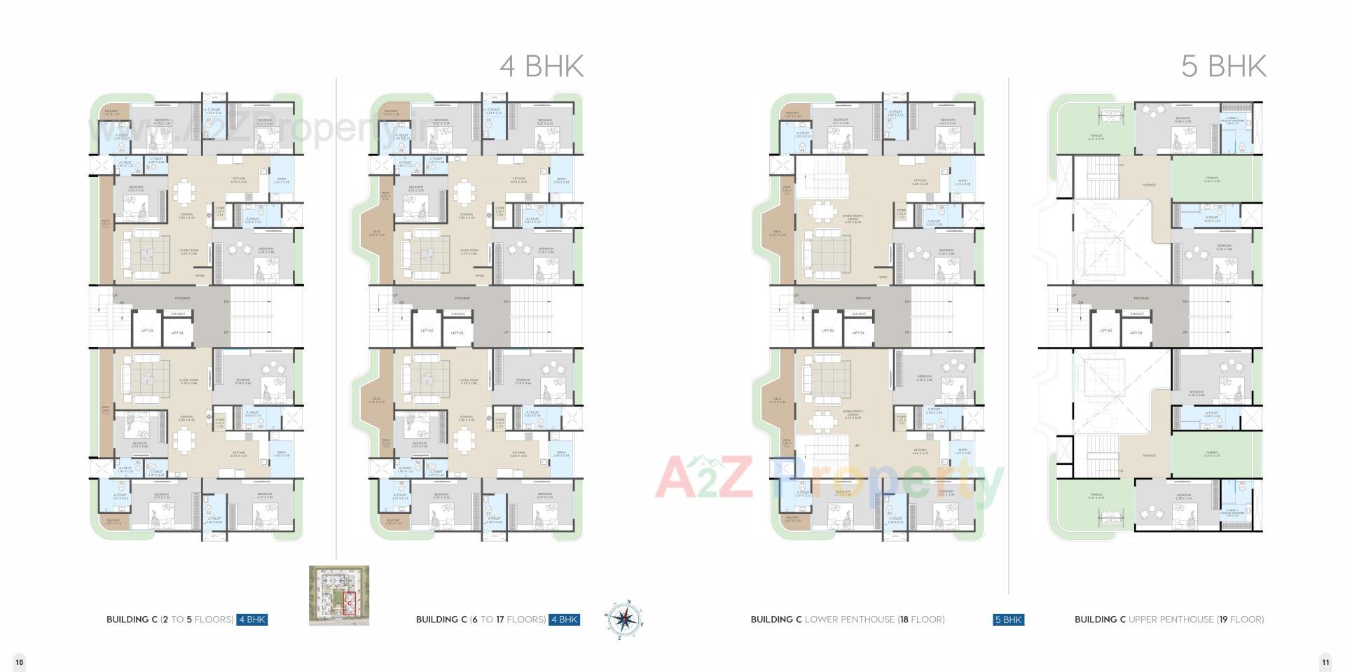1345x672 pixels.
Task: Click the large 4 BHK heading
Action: [x=541, y=66]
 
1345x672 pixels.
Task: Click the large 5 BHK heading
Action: [x=1223, y=66]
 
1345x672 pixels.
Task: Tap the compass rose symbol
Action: [x=623, y=619]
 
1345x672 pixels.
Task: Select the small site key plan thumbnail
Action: [x=339, y=596]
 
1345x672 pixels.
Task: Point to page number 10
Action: [x=20, y=661]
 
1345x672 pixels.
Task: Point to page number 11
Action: [x=1325, y=661]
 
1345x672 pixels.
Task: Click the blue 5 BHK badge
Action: [x=1008, y=619]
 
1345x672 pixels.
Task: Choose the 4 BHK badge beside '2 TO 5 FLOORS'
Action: [x=251, y=619]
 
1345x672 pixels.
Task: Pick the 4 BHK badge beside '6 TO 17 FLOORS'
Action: [x=564, y=619]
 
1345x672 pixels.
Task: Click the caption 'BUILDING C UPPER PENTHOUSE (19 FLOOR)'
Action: [x=1169, y=619]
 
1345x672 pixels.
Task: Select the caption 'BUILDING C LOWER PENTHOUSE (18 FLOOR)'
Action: [x=848, y=619]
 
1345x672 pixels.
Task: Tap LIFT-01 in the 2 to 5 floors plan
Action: [x=177, y=332]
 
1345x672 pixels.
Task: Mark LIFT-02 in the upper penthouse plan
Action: [x=1105, y=331]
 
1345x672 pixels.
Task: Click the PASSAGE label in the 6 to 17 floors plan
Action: [x=462, y=298]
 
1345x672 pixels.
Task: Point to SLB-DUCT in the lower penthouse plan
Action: [x=859, y=314]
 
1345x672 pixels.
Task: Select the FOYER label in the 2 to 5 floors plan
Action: [x=200, y=276]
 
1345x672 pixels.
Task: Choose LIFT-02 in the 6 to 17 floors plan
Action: [x=427, y=331]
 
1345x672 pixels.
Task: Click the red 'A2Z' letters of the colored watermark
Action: [x=704, y=477]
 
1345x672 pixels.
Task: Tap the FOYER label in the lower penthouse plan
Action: [x=882, y=276]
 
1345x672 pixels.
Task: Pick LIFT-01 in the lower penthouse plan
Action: [x=858, y=332]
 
